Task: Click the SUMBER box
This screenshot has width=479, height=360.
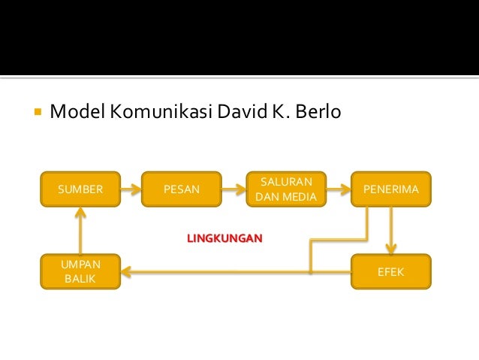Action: (x=80, y=189)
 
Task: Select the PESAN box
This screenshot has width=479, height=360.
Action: (x=182, y=189)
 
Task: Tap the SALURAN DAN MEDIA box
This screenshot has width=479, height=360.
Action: (x=287, y=189)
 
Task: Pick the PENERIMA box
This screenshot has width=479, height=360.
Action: (x=390, y=189)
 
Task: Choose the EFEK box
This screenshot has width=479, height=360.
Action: (x=390, y=271)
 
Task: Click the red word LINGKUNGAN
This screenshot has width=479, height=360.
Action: (x=224, y=238)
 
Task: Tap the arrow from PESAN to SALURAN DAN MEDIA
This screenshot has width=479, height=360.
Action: (x=233, y=189)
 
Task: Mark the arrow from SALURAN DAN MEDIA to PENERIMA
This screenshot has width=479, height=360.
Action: (x=338, y=189)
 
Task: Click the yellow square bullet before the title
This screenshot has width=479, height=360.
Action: (x=36, y=114)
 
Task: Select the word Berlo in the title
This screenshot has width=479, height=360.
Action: (x=319, y=113)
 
